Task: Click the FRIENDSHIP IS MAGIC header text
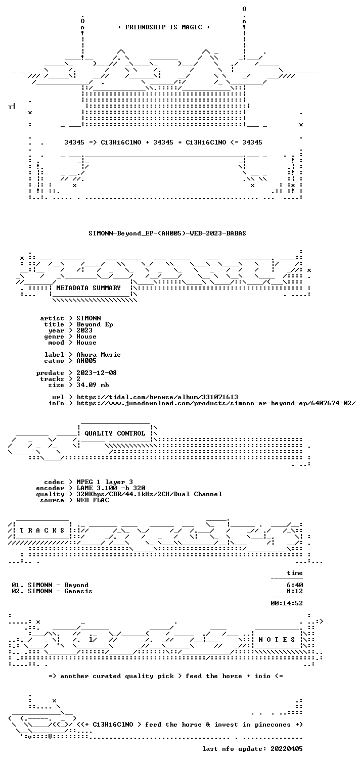click(x=164, y=27)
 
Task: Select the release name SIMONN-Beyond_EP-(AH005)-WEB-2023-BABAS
click(x=167, y=233)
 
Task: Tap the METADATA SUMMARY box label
click(x=88, y=288)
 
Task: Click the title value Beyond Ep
click(x=95, y=325)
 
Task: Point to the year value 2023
click(x=84, y=330)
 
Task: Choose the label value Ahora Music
click(x=98, y=355)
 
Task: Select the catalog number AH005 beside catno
click(x=86, y=361)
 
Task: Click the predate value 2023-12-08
click(x=97, y=373)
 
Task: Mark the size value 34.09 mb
click(x=93, y=385)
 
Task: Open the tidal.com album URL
click(x=157, y=397)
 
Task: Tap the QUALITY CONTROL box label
click(x=115, y=434)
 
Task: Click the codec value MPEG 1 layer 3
click(x=105, y=482)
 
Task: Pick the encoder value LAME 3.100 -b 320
click(x=111, y=489)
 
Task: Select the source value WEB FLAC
click(x=93, y=500)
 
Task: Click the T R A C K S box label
click(x=42, y=531)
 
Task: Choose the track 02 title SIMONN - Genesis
click(x=60, y=591)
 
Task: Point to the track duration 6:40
click(x=294, y=585)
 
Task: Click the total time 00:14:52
click(x=287, y=603)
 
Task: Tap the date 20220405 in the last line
click(x=287, y=749)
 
